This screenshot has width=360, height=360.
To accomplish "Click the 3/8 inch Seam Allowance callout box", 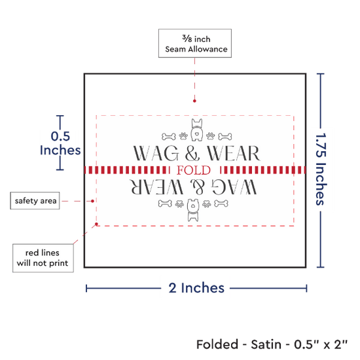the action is (x=195, y=43).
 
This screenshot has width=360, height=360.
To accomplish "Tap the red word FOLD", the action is (x=194, y=170).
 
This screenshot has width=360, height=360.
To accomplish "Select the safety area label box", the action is (x=35, y=201).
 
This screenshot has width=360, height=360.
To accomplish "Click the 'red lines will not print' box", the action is (x=43, y=258).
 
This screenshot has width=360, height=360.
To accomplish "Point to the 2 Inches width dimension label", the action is (x=196, y=288).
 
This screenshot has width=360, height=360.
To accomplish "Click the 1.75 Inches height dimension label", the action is (x=321, y=169).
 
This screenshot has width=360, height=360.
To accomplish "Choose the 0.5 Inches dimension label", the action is (x=60, y=143).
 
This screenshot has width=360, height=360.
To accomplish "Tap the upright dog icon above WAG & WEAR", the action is (x=197, y=130).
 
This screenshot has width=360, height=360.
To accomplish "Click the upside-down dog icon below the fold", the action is (x=193, y=210).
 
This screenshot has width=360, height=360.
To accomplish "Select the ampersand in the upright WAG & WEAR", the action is (x=192, y=153).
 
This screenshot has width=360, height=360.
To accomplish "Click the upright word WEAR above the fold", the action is (x=234, y=153).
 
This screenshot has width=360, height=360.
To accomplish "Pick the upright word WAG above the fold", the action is (x=156, y=153).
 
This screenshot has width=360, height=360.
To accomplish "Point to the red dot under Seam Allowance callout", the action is (x=194, y=101).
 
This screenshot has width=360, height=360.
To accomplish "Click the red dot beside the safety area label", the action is (x=92, y=201).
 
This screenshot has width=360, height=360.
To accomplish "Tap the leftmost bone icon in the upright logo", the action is (x=169, y=137).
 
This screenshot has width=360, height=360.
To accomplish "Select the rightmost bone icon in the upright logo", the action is (x=225, y=137).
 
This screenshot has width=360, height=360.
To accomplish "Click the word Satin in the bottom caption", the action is (x=266, y=344).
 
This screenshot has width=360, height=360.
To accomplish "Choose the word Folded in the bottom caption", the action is (x=217, y=344).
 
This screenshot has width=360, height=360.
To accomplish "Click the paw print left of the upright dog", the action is (x=183, y=136).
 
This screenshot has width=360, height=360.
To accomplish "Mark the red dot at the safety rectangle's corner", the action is (x=96, y=224).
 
